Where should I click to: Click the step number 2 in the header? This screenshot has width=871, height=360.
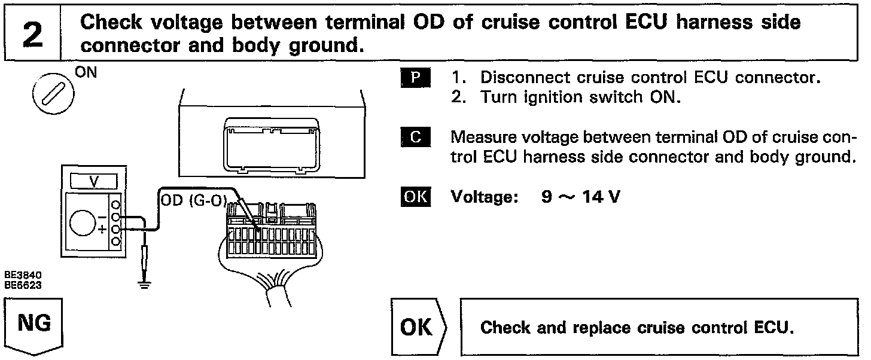click(x=33, y=35)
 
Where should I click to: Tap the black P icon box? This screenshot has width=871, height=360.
click(x=415, y=77)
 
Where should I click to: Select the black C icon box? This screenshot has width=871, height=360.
click(x=415, y=137)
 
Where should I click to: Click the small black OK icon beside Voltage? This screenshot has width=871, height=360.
click(x=415, y=196)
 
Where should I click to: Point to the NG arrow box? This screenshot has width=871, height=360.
click(x=34, y=327)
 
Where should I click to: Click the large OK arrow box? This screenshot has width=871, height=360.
click(x=418, y=327)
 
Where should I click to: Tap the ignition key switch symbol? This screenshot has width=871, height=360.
click(x=53, y=94)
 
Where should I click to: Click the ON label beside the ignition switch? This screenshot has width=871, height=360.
click(x=86, y=72)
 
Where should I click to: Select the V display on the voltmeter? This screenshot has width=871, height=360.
click(x=94, y=181)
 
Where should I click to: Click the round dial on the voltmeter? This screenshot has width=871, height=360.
click(x=83, y=223)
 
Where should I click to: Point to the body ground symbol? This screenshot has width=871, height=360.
click(x=145, y=285)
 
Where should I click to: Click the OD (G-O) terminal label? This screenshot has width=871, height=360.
click(x=194, y=200)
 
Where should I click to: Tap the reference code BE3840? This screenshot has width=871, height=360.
click(x=23, y=275)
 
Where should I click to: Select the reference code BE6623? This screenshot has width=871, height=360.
click(x=23, y=285)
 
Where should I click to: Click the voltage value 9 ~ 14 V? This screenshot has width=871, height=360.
click(x=581, y=197)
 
